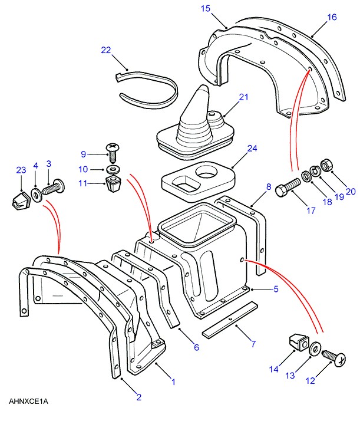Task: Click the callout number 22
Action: tap(106, 50)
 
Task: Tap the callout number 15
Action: tap(205, 8)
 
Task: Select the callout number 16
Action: tap(332, 17)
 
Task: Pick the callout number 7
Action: tap(253, 343)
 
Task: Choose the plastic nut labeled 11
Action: tap(112, 185)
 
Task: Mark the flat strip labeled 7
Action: tap(230, 321)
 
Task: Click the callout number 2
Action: tap(139, 397)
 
